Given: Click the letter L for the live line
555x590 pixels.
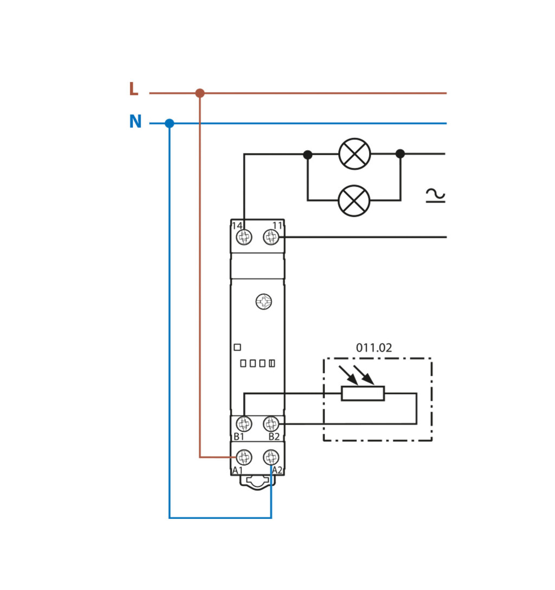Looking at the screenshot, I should [133, 89].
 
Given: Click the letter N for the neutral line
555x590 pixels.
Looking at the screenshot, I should [135, 122].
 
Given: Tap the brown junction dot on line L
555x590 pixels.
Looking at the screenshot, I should [200, 93].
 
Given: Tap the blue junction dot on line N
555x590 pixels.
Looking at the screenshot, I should [170, 124].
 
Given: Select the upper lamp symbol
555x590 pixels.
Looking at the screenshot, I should [354, 154].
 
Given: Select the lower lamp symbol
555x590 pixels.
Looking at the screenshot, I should [354, 201].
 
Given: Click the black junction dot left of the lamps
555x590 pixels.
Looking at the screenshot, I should [308, 155].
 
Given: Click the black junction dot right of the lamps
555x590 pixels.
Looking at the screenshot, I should [400, 154].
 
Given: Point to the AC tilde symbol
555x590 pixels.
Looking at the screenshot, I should [435, 195].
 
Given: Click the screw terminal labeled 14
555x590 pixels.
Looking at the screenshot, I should [244, 237].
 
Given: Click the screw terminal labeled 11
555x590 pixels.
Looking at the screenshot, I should [271, 237].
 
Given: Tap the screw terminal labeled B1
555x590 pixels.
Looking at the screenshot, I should [244, 424].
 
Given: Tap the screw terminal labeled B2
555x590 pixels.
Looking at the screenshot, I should [271, 424].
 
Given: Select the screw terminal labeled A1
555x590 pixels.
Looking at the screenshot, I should [244, 457].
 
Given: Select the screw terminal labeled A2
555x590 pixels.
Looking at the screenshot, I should [271, 457].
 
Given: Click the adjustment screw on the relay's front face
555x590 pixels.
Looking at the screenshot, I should [264, 302].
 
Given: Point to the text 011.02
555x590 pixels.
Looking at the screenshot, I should [374, 348].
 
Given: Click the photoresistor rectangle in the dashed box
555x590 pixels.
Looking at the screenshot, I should [363, 393].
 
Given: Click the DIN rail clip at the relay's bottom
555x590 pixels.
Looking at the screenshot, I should [258, 482].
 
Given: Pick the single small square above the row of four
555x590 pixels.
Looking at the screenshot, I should [237, 347].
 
